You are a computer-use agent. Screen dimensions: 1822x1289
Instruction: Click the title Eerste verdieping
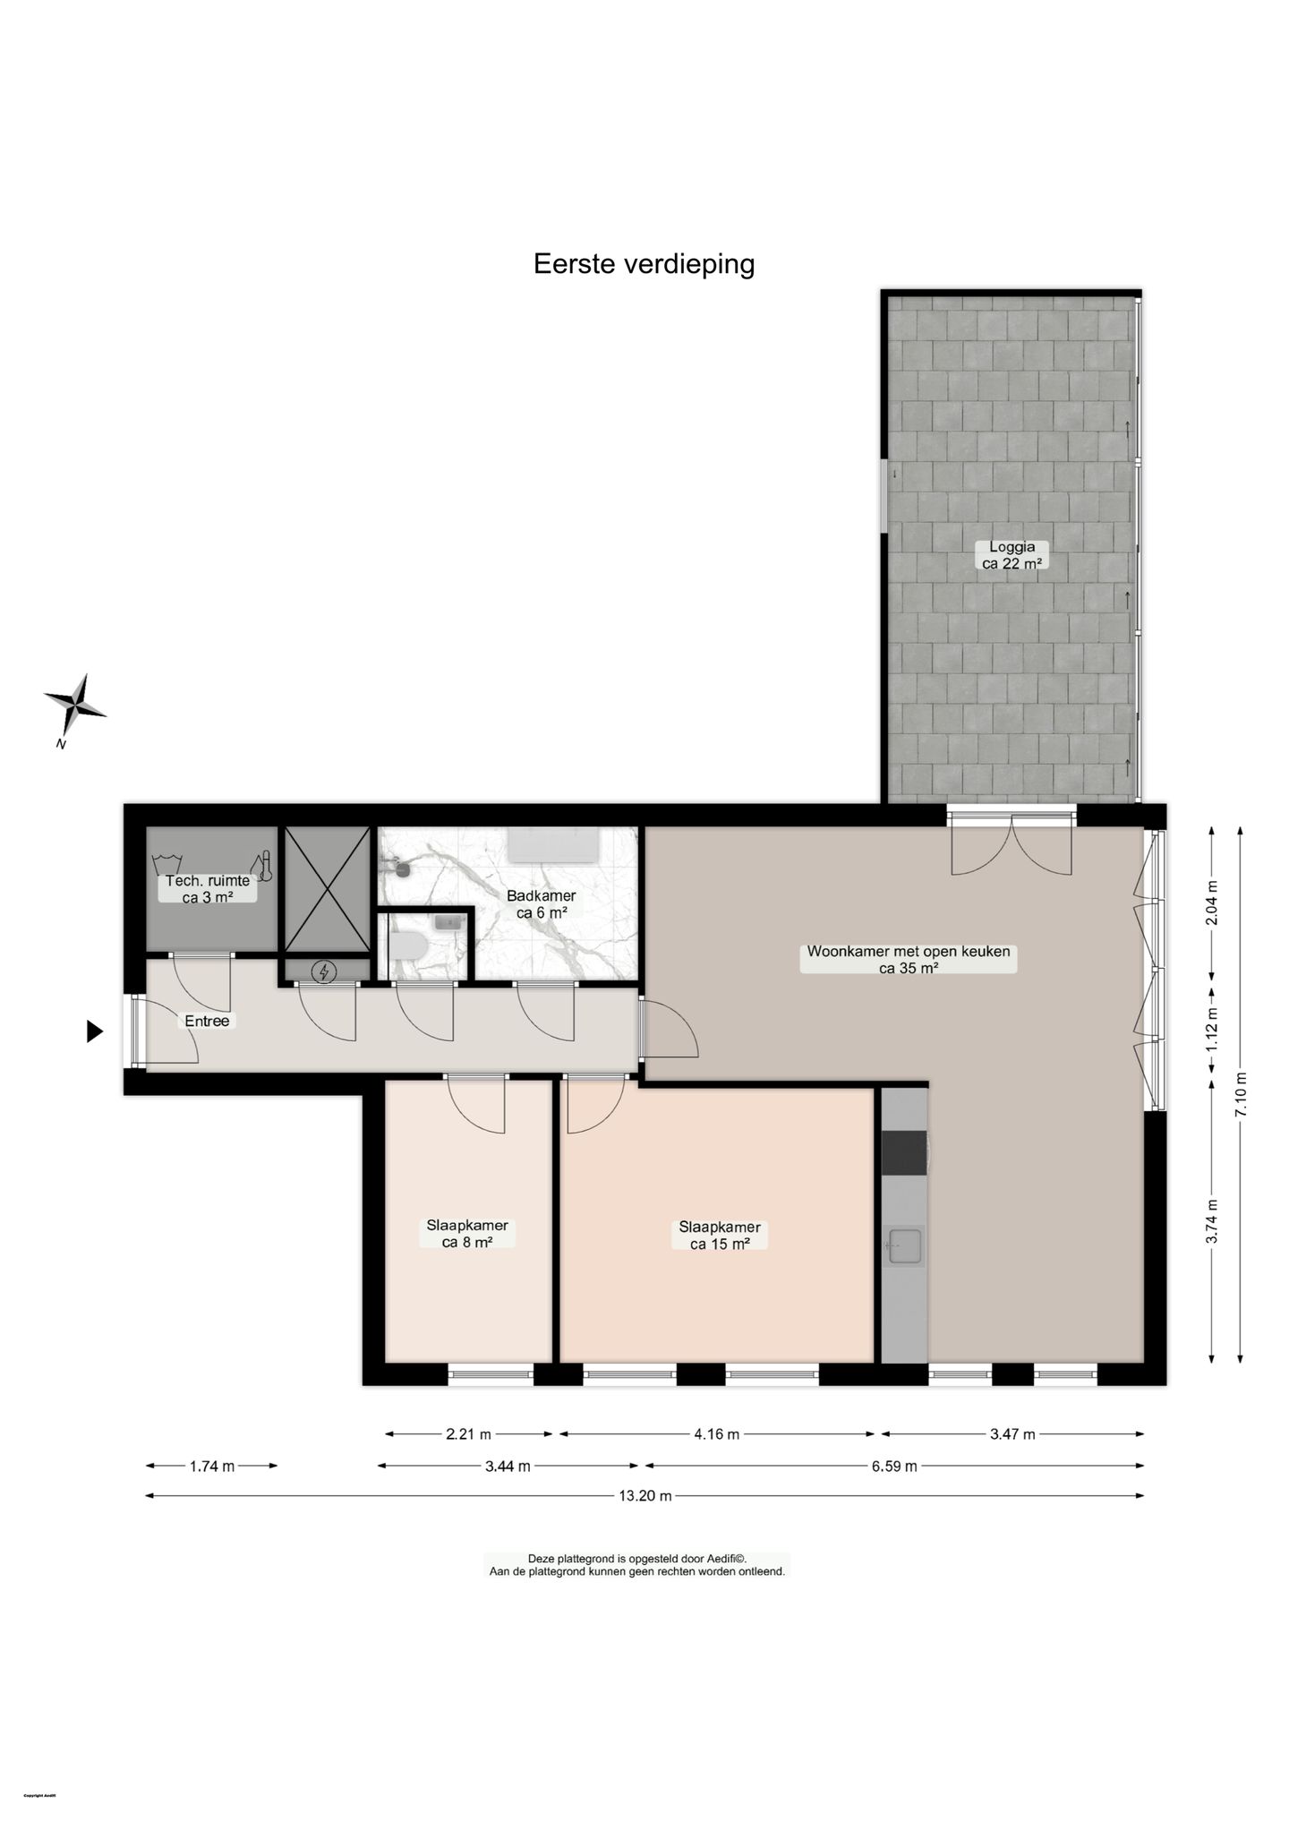point(644,264)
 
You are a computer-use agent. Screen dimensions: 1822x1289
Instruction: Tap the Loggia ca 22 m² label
point(1012,555)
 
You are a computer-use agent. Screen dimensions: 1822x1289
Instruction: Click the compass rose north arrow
point(76,706)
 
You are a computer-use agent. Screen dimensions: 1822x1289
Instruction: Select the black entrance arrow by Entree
point(94,1031)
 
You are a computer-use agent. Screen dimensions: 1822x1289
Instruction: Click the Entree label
point(207,1021)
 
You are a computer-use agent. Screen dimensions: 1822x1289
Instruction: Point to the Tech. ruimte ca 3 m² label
point(208,889)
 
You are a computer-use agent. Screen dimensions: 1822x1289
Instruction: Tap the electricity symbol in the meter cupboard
point(326,971)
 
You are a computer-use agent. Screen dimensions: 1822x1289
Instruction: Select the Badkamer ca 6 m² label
point(541,904)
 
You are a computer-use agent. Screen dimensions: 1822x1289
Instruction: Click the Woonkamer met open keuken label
point(908,959)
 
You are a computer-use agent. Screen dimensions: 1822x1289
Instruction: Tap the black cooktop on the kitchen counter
point(903,1152)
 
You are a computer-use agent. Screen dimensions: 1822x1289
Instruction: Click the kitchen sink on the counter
point(903,1246)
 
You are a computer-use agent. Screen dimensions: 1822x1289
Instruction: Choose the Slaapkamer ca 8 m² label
point(467,1234)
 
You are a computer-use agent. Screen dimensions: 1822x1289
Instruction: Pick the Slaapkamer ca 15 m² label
point(720,1236)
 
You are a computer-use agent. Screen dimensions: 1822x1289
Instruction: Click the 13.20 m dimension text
point(644,1495)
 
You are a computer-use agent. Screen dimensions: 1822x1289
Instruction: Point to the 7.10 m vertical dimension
point(1240,1094)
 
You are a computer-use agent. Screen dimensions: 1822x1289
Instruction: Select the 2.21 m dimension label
point(468,1434)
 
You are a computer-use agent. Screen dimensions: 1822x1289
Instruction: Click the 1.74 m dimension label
point(212,1466)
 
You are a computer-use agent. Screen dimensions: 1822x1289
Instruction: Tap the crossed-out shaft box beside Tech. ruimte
point(327,886)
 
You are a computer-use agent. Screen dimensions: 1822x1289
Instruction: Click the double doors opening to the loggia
point(1011,846)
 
